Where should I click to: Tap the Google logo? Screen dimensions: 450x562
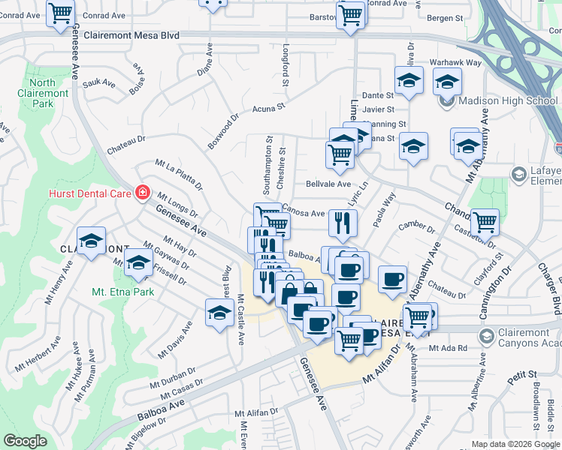tap(25, 441)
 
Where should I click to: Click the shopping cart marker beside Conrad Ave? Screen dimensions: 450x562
tap(61, 13)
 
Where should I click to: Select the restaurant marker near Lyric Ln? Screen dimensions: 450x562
tap(342, 223)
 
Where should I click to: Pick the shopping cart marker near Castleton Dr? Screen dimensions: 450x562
tap(485, 221)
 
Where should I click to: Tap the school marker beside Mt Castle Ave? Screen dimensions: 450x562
tap(219, 313)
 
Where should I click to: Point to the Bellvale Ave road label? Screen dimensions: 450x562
tap(328, 184)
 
